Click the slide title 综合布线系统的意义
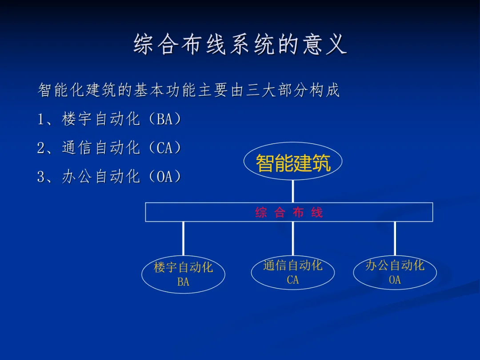[x=240, y=44]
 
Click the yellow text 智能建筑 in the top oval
[x=293, y=163]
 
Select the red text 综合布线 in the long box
[x=289, y=212]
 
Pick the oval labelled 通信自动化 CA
[x=292, y=272]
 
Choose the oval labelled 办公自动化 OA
[x=395, y=272]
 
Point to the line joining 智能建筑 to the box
[x=293, y=191]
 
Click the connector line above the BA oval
[x=183, y=239]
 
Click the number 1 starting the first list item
[x=41, y=120]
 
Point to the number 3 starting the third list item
[x=41, y=177]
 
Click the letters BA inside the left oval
[x=183, y=282]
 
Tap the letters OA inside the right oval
[x=395, y=280]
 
